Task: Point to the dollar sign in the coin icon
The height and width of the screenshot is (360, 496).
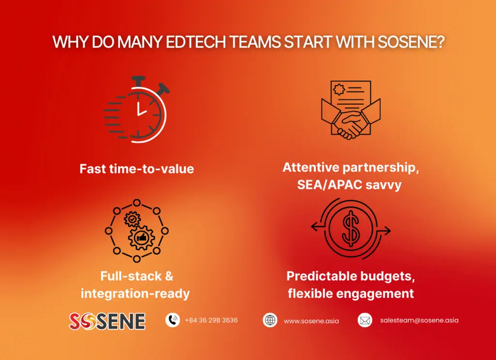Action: [x=350, y=229]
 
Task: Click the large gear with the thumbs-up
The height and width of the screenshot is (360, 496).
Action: [x=141, y=237]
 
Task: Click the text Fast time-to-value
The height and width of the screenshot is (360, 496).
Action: [x=137, y=169]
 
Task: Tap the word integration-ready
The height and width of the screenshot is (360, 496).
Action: [x=135, y=293]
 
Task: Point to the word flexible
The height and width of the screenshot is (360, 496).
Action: [x=311, y=293]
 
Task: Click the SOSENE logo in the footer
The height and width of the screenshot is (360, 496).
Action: [x=107, y=321]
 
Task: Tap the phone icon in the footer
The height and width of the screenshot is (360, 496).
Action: [x=172, y=320]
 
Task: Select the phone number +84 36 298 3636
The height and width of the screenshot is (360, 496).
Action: [x=211, y=320]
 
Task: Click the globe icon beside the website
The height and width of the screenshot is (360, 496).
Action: [x=270, y=320]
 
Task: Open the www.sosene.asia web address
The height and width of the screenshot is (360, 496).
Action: [x=311, y=321]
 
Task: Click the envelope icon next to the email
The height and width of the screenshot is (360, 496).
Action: [x=365, y=320]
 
